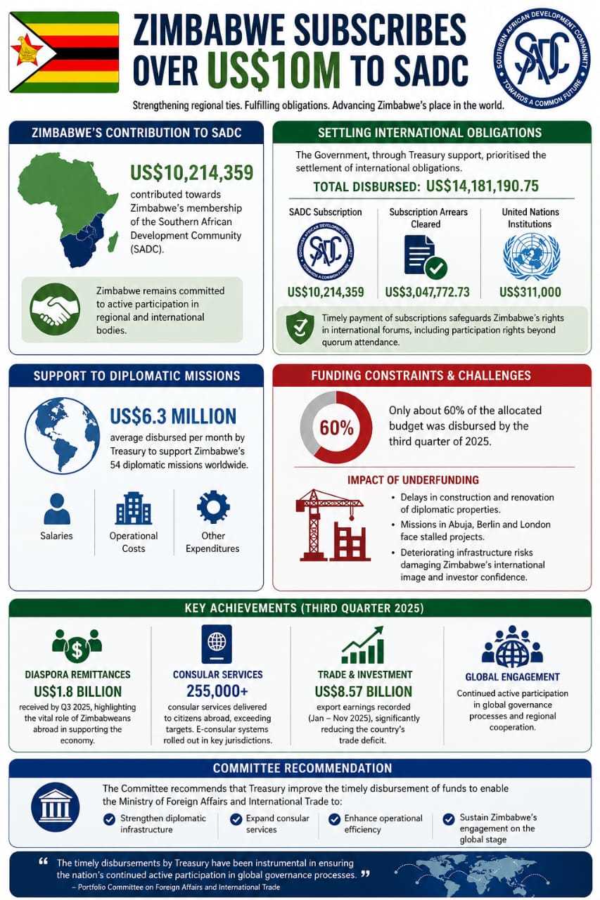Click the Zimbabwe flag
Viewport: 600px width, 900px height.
click(63, 52)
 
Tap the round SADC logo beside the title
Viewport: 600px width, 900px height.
click(542, 58)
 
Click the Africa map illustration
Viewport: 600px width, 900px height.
click(68, 208)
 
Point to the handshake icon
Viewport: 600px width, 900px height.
click(51, 309)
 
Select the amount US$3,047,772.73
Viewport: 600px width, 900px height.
click(427, 292)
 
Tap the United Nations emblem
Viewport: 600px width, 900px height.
click(531, 257)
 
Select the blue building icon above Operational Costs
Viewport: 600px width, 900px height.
click(134, 508)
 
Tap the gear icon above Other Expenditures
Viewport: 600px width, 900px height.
click(212, 507)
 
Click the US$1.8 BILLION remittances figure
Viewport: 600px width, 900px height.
click(77, 692)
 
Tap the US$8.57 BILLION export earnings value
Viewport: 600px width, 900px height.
click(364, 692)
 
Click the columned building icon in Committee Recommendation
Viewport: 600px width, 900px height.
click(54, 808)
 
